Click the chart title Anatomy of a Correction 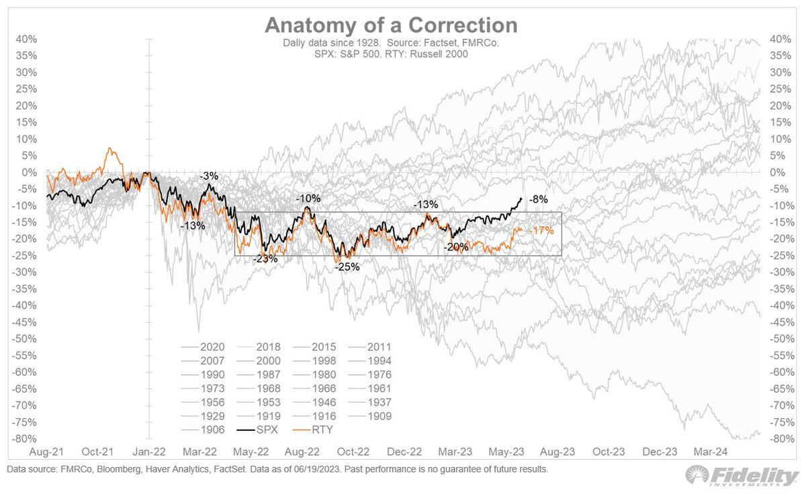(391, 26)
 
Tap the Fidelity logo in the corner (742, 476)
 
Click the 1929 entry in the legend (212, 416)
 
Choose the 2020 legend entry (212, 348)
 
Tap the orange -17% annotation (541, 230)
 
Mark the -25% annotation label (348, 266)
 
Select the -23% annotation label (264, 258)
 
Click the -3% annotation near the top (209, 176)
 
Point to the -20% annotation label (456, 246)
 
